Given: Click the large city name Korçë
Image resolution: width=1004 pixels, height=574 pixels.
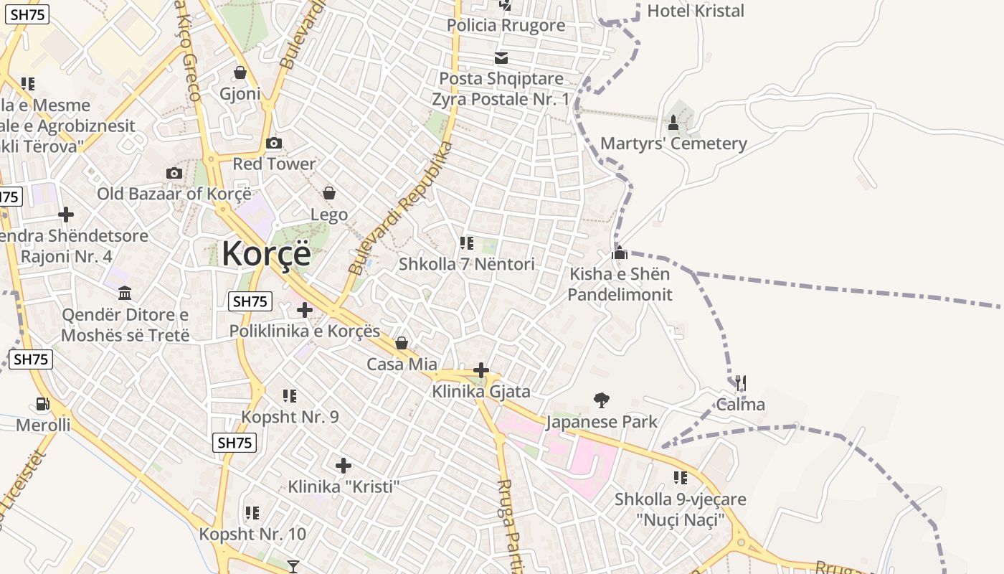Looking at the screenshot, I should tap(266, 255).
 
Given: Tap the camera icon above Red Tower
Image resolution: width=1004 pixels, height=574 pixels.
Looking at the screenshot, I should tap(274, 143).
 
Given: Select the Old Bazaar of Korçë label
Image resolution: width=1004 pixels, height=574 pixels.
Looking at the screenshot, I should tap(174, 194).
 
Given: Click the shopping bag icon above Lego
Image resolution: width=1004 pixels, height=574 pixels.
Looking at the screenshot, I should tap(329, 193).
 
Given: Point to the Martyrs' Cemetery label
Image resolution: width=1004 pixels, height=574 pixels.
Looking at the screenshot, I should tap(673, 143).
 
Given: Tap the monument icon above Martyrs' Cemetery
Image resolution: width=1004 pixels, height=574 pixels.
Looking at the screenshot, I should tap(673, 123).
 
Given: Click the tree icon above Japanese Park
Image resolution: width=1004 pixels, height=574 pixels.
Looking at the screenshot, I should tap(602, 400).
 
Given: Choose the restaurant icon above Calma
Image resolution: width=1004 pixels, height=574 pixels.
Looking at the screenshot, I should tap(741, 383).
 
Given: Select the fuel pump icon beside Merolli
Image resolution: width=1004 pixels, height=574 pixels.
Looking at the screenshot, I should tap(43, 405).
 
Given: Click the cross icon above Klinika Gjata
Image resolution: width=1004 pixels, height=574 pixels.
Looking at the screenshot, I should tap(481, 370).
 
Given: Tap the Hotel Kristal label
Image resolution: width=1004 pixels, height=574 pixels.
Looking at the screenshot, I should tap(696, 11).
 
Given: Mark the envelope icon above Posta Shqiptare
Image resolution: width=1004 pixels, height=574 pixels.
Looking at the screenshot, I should tap(501, 58).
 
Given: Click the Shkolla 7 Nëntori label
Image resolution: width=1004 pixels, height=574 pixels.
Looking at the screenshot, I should tap(467, 264).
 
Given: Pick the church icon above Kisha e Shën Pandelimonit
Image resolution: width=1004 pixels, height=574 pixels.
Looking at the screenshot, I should tap(620, 253).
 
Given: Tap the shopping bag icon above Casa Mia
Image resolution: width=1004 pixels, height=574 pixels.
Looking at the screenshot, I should tap(402, 344).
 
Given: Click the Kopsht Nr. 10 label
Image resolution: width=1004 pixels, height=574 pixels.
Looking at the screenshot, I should tap(252, 534).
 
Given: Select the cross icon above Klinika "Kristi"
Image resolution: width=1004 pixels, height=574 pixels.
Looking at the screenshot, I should tap(344, 466).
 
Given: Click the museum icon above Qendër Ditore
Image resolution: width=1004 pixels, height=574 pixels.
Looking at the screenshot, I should tap(125, 293).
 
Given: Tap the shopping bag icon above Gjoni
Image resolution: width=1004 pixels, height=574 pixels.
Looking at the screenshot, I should tap(240, 73).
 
